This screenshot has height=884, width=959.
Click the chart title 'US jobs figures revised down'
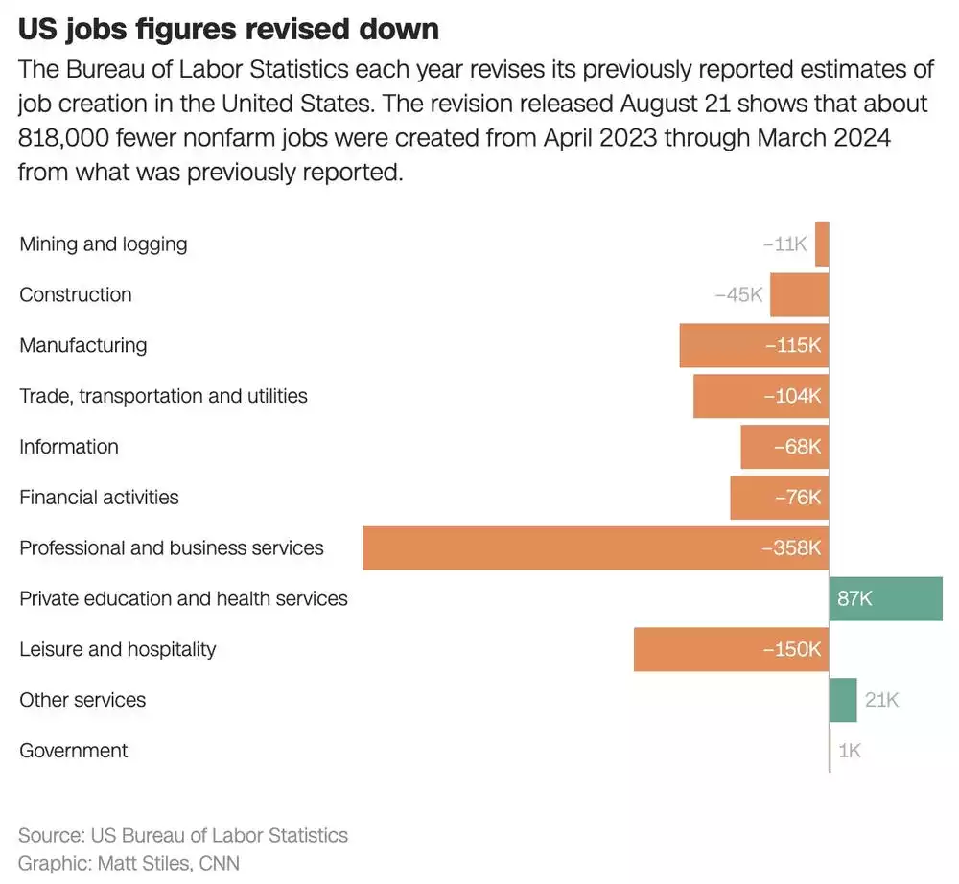click(x=228, y=29)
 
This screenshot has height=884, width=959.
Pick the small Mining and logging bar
click(x=822, y=244)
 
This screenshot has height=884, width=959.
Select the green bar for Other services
click(x=843, y=700)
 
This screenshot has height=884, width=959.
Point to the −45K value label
click(x=738, y=295)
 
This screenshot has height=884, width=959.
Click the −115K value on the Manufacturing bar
click(x=793, y=346)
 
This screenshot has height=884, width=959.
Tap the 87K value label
click(x=854, y=599)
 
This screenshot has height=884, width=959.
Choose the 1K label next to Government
click(x=850, y=751)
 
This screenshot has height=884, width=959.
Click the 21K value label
click(x=881, y=700)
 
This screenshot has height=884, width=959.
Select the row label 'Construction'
click(x=76, y=295)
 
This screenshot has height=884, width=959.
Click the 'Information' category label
click(x=69, y=447)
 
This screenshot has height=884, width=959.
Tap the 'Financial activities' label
click(x=99, y=498)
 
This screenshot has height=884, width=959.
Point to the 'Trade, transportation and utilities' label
click(x=163, y=396)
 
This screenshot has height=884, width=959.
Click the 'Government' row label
click(x=74, y=751)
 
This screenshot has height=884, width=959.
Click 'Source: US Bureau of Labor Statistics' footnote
click(x=183, y=835)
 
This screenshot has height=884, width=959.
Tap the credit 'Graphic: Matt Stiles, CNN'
click(x=129, y=863)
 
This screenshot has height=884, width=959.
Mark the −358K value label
click(x=791, y=548)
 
